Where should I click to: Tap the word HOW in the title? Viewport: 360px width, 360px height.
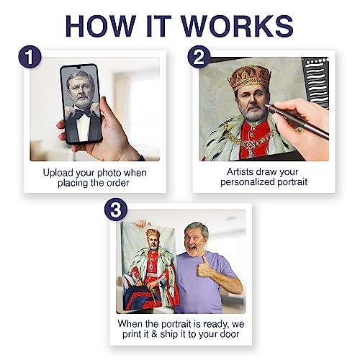101,26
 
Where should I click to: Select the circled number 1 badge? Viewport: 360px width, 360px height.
30,57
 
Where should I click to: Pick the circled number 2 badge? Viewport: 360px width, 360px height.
199,57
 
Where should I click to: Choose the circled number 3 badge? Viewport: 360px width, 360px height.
116,210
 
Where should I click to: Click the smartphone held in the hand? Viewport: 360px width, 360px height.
81,104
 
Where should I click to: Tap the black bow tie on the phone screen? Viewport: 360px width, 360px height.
83,112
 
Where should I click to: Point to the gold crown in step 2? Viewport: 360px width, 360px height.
249,77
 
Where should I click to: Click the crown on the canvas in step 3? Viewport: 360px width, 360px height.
153,233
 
